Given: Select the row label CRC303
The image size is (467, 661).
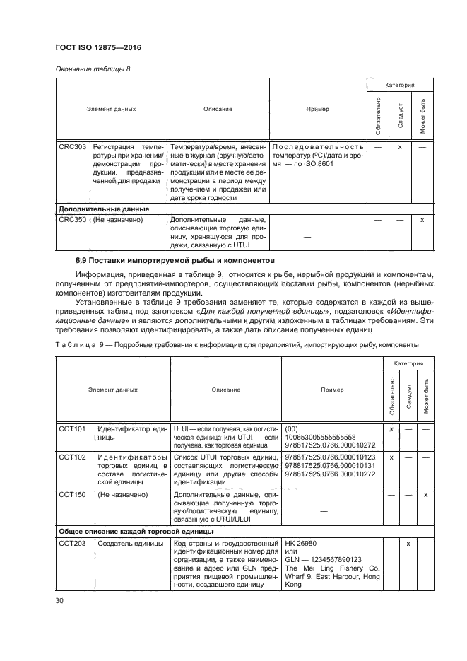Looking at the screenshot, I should pyautogui.click(x=71, y=146).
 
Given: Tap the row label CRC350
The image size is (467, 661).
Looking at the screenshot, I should pyautogui.click(x=71, y=221).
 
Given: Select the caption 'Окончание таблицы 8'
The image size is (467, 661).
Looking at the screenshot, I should pyautogui.click(x=87, y=68).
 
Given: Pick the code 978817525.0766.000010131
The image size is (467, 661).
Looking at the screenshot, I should pyautogui.click(x=320, y=466).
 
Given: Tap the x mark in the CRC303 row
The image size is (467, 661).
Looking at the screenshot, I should pyautogui.click(x=400, y=146).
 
